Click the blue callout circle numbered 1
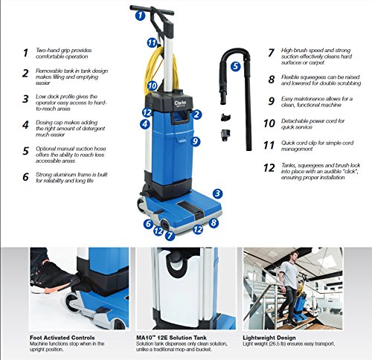(140, 16)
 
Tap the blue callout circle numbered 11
(152, 42)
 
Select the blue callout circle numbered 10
(153, 86)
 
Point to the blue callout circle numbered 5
(235, 66)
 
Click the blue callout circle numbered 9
(196, 141)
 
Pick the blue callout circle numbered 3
(217, 193)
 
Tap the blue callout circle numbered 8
(214, 223)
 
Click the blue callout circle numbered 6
(148, 224)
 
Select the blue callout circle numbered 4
(145, 124)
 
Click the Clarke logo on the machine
(180, 103)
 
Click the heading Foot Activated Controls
(62, 338)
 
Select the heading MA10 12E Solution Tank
(171, 338)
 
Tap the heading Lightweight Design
(269, 338)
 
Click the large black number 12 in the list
(269, 168)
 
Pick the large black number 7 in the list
(272, 53)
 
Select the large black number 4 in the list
(25, 125)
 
